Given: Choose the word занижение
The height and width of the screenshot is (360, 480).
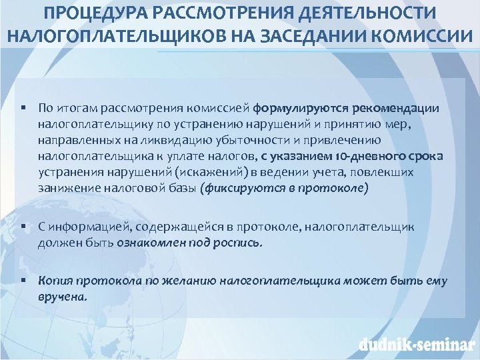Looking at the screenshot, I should coord(67,188).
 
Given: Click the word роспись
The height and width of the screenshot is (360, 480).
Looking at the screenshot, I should coord(239,243).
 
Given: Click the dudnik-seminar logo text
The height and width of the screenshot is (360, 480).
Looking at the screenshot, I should coord(414,345).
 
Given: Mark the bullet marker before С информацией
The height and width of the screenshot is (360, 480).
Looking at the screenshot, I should coord(23,227).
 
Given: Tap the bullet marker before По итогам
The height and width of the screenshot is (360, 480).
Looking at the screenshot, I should coord(23,108).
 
